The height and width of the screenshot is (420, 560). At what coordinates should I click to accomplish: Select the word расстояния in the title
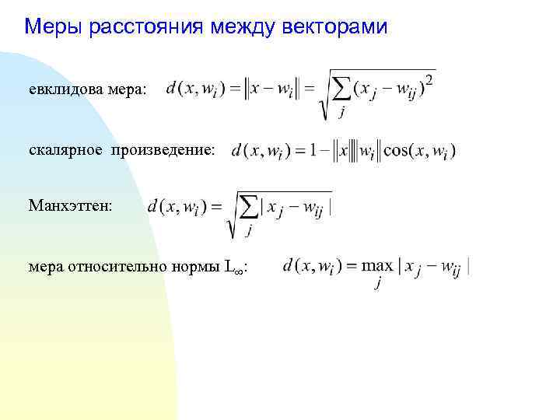(144, 28)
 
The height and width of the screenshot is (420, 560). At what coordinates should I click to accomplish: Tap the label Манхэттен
(71, 207)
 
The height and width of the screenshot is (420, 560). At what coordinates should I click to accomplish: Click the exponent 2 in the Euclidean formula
(430, 80)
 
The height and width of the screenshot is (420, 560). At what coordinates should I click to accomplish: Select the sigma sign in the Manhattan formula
(249, 208)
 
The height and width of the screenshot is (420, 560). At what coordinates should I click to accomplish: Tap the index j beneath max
(377, 285)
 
